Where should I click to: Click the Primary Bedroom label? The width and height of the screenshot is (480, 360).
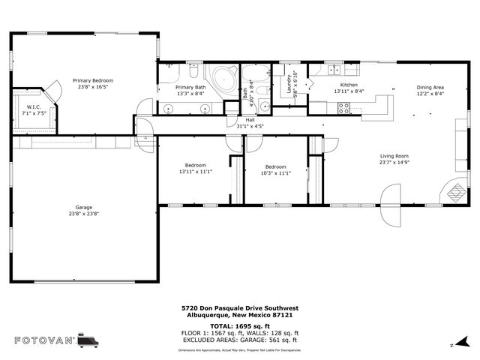pyautogui.click(x=93, y=79)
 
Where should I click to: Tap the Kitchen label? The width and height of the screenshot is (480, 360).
pyautogui.click(x=349, y=85)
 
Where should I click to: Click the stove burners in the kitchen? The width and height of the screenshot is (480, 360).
pyautogui.click(x=343, y=108)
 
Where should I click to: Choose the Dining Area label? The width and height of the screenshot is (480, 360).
pyautogui.click(x=430, y=87)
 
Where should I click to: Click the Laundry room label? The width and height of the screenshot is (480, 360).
pyautogui.click(x=288, y=84)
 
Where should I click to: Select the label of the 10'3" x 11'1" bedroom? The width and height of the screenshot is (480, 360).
pyautogui.click(x=275, y=166)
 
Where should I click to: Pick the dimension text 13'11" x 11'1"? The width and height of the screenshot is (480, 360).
pyautogui.click(x=195, y=172)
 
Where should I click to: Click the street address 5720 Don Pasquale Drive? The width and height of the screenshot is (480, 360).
pyautogui.click(x=240, y=307)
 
